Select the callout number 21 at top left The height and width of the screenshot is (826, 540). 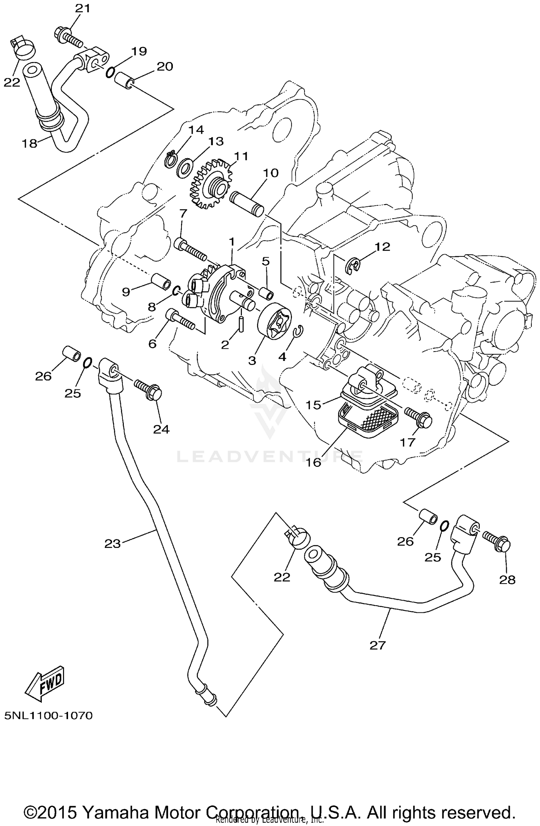click(x=82, y=9)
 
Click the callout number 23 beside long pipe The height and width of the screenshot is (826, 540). click(x=112, y=543)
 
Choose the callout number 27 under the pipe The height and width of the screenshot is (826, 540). click(x=377, y=645)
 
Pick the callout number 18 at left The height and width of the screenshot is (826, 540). click(x=30, y=144)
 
